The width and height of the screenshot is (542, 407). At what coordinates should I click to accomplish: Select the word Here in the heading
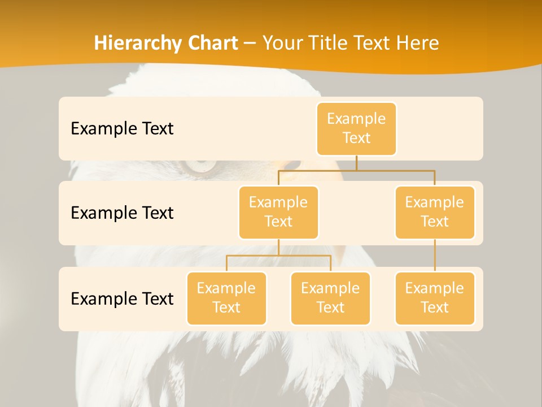point(417,43)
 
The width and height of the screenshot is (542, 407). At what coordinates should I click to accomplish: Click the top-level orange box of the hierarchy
point(356,128)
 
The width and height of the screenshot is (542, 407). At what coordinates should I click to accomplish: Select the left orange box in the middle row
point(278,212)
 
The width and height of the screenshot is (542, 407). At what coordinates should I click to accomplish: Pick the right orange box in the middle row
point(435,212)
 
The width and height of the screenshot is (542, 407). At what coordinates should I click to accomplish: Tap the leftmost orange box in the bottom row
point(226,298)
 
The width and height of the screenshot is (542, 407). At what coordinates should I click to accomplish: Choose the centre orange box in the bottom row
point(330,298)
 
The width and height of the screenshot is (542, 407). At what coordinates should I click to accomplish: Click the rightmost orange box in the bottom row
point(435,298)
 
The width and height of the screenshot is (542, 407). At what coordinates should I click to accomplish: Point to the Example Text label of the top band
point(122,129)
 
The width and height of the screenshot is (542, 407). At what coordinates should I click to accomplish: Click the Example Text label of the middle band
point(122,213)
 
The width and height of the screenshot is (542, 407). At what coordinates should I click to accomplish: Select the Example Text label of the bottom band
point(122,298)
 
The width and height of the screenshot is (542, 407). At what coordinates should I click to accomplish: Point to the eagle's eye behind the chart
point(200,166)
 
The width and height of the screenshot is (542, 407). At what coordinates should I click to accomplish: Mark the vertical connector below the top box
point(356,163)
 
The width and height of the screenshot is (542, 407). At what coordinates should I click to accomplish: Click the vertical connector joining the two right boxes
point(435,255)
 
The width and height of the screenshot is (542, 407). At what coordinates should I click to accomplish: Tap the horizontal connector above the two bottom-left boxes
point(278,256)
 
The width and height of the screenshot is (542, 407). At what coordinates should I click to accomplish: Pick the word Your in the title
point(282,43)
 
